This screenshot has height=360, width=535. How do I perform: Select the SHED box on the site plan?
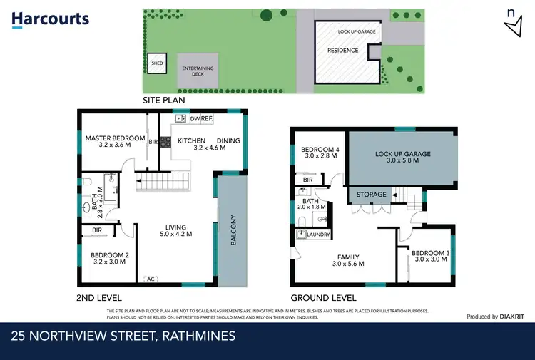[158, 63]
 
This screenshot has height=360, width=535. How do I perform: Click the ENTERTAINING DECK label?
[198, 71]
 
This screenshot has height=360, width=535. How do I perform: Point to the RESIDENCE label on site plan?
[343, 51]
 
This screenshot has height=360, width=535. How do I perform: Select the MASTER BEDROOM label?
[115, 138]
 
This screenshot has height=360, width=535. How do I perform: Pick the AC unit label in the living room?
[151, 279]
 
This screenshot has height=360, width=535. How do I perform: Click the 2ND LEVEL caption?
[99, 298]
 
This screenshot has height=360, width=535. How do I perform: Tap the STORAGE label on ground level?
[372, 195]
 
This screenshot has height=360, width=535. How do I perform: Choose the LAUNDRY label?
[319, 233]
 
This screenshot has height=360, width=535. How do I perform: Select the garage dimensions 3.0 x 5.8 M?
[403, 161]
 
